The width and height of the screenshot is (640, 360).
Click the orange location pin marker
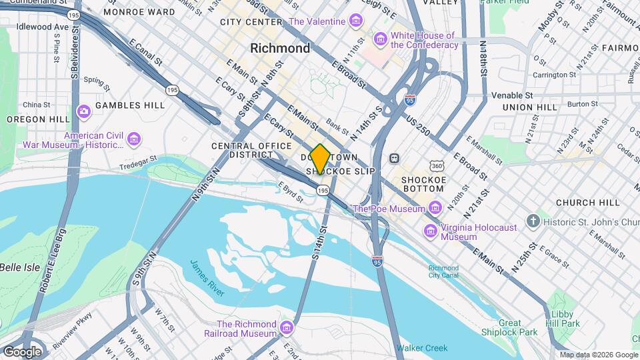pos(320,159)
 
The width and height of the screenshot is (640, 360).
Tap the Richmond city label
pos(280,48)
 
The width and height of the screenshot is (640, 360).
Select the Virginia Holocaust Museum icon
pos(431,231)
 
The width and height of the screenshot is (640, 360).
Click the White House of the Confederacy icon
pos(381,40)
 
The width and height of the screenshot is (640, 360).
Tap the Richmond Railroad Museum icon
pos(287,327)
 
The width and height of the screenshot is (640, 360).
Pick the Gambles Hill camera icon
pos(84,110)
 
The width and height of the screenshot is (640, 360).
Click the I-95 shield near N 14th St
pos(411,101)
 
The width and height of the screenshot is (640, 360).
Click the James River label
pos(207,277)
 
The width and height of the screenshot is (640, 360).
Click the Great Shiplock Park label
pos(509,327)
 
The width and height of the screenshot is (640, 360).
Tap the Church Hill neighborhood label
pos(583,203)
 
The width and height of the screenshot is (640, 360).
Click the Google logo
pos(22,351)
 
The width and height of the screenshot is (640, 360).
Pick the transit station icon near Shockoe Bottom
pos(394,159)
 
